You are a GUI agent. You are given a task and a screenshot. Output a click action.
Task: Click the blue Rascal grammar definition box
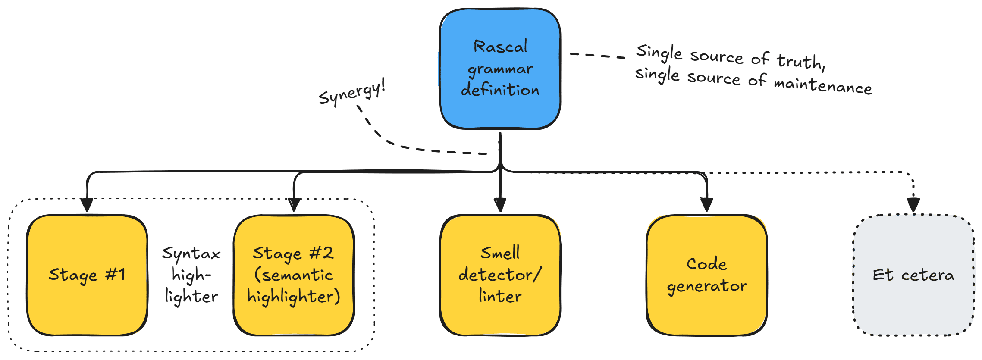pos(500,69)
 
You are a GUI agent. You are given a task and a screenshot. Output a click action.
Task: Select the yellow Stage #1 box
pos(87,275)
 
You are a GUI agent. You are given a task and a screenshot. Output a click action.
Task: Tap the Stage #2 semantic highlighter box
pos(294,275)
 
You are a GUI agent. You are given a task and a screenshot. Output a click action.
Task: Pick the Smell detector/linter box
pos(500,275)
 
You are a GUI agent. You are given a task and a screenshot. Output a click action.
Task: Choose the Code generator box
pos(706,275)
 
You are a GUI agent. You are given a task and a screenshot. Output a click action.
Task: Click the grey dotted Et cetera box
pos(913,275)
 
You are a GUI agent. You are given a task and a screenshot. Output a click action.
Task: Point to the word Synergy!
pos(351,93)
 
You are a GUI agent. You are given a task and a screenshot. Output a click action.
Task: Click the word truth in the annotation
pos(800,62)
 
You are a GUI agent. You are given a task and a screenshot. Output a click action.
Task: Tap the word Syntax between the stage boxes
pos(191,254)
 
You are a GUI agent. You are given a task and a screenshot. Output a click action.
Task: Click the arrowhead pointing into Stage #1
pos(87,205)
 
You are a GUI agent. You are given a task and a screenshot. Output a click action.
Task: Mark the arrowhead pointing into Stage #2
pos(294,205)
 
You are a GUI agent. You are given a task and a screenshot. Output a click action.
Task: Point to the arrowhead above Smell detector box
pos(500,204)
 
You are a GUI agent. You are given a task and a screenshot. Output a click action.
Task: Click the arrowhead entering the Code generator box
pos(706,204)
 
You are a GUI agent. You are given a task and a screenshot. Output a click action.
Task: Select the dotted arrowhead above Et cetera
pos(913,204)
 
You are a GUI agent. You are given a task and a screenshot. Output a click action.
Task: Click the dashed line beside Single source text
pos(597,56)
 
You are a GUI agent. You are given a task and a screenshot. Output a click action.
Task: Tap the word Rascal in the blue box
pos(500,47)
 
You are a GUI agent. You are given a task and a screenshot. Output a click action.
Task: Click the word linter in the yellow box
pos(500,296)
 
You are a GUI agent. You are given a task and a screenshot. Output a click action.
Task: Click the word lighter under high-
pos(191,297)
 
